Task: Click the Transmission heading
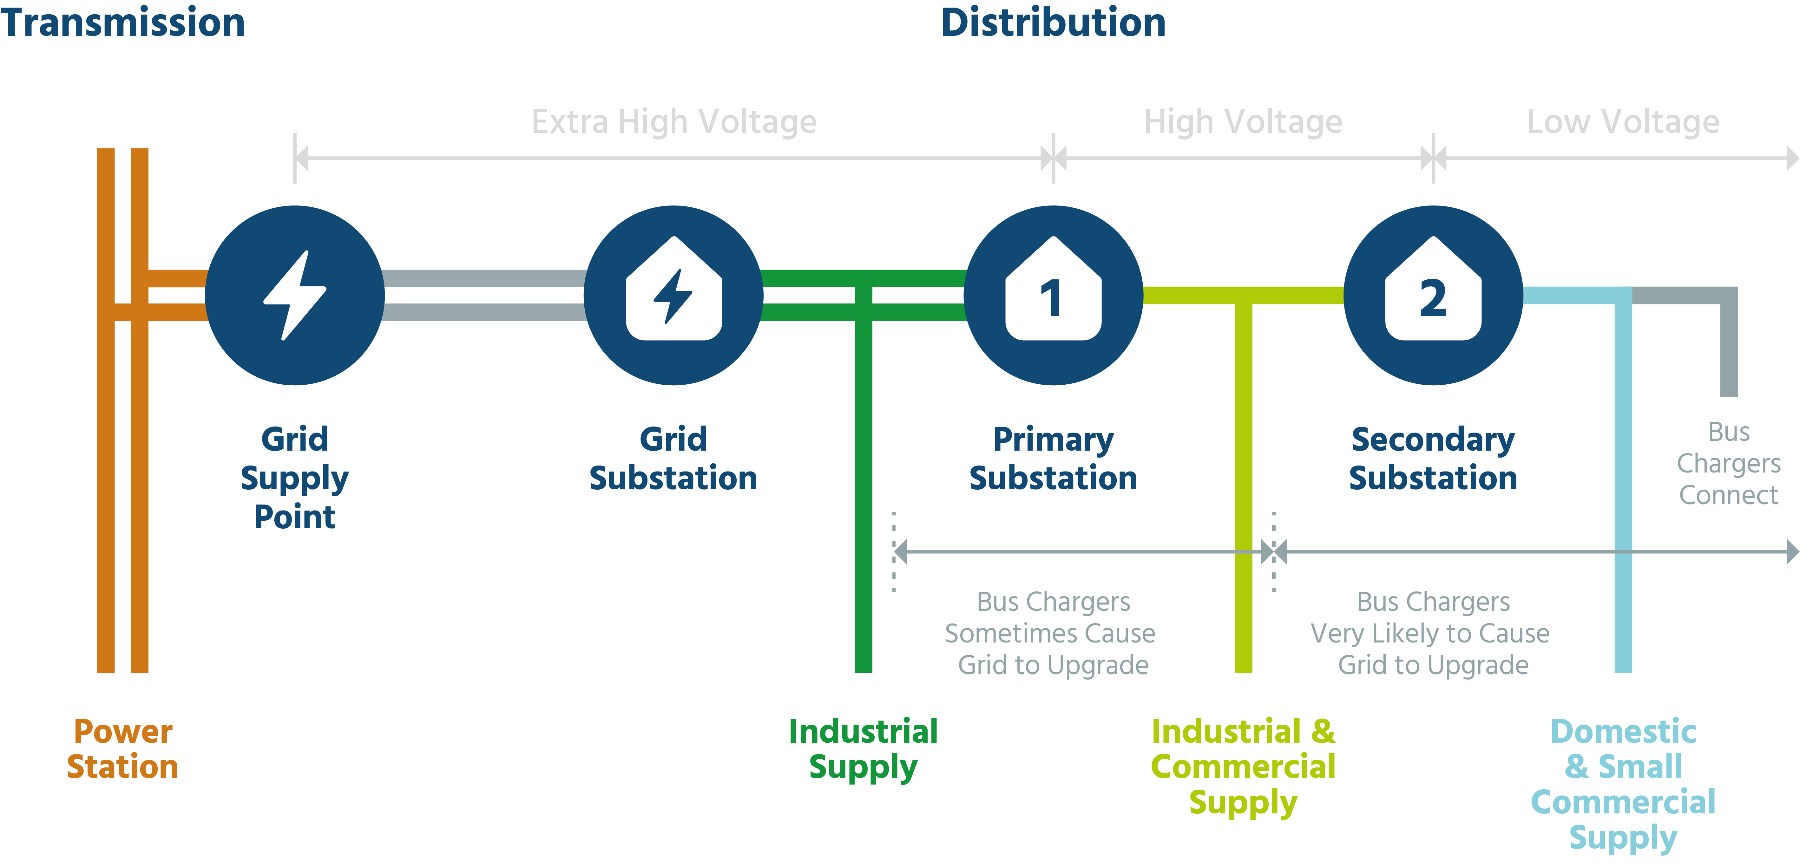[x=123, y=22]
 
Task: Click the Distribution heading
[x=1053, y=22]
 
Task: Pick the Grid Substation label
[x=673, y=459]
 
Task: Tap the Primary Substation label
[x=1053, y=459]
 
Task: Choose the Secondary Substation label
[x=1433, y=459]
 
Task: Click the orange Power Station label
[x=123, y=749]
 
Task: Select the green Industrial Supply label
[x=863, y=749]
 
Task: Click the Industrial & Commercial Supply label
[x=1243, y=766]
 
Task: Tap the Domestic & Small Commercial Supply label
[x=1623, y=784]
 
